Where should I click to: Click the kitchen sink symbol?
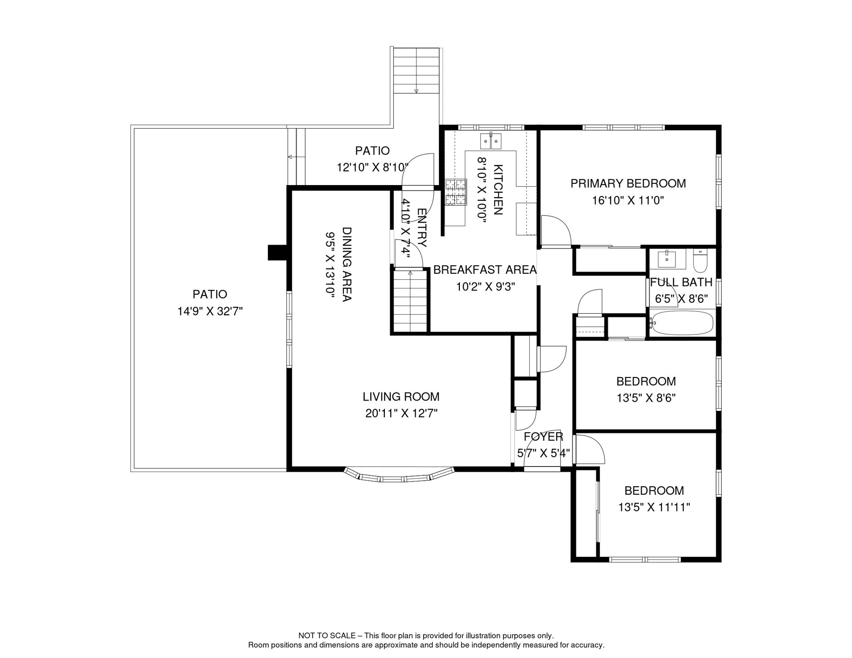click(491, 141)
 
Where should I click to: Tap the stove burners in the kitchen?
click(455, 192)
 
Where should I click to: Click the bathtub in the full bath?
click(681, 323)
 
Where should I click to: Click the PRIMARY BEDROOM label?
click(628, 183)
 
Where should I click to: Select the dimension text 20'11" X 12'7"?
click(401, 413)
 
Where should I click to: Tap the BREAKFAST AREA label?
click(485, 270)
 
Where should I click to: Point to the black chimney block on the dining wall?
click(277, 252)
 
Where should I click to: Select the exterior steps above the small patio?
click(416, 71)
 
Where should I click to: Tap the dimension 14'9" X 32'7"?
click(210, 311)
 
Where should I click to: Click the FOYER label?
click(543, 437)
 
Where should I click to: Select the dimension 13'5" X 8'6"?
click(646, 398)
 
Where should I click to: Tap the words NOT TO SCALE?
click(327, 636)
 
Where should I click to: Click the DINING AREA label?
click(347, 264)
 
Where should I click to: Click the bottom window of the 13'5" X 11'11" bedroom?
click(645, 559)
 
